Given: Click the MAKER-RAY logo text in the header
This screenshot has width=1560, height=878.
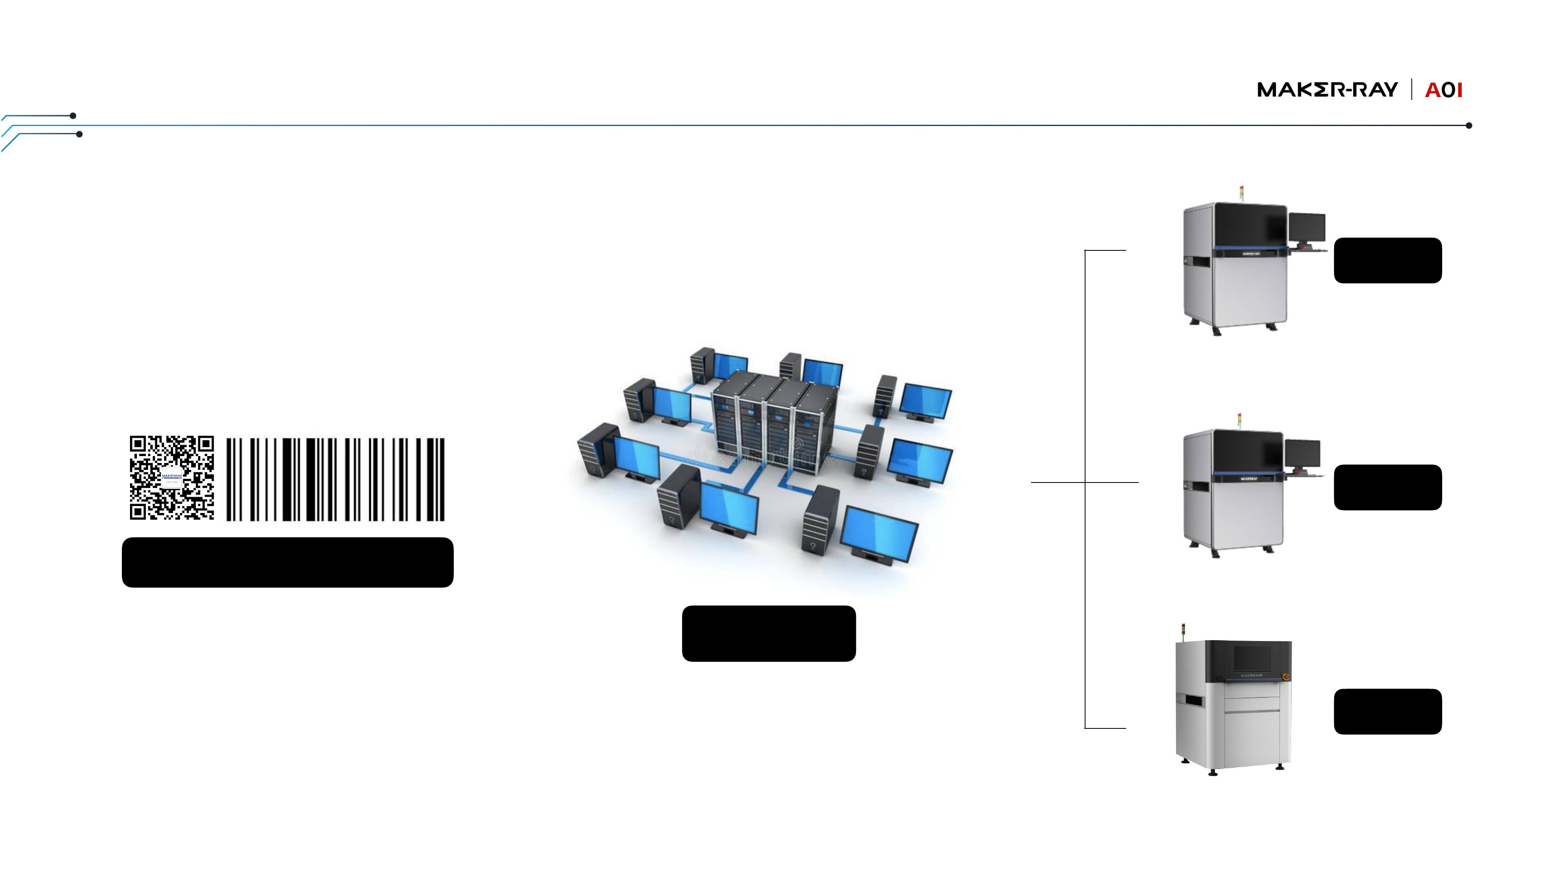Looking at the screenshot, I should point(1327,90).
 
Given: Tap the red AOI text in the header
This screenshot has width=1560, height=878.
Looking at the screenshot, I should point(1444,90).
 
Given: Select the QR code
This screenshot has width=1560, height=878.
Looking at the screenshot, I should point(172,478).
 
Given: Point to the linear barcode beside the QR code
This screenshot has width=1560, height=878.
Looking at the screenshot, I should point(336,479).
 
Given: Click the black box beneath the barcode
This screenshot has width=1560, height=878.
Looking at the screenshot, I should point(288,562).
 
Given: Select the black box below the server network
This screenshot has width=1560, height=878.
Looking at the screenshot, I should point(769,633).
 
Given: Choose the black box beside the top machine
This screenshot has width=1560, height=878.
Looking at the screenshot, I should point(1387,261).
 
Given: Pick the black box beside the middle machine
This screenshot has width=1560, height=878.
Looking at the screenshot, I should point(1387,487).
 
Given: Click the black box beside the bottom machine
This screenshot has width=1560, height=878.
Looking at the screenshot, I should point(1387,711).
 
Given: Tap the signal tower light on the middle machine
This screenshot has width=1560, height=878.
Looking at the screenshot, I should point(1239,420).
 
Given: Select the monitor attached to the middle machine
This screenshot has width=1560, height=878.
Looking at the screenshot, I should point(1302,454).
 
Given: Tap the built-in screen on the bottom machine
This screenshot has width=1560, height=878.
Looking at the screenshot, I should point(1252,658).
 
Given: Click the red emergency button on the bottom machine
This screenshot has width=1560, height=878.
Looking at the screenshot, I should point(1286,676).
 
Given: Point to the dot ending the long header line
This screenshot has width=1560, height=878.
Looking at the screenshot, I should point(1469,126).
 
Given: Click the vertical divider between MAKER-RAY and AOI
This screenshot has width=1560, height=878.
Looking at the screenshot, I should point(1412,90).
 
